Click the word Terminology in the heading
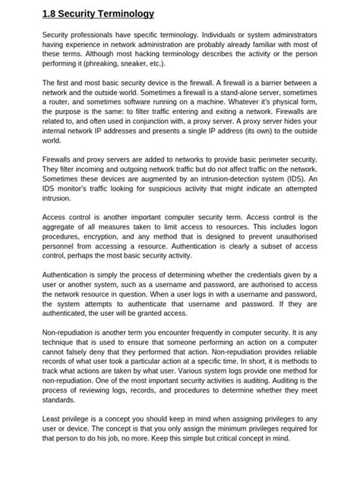pyautogui.click(x=123, y=14)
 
